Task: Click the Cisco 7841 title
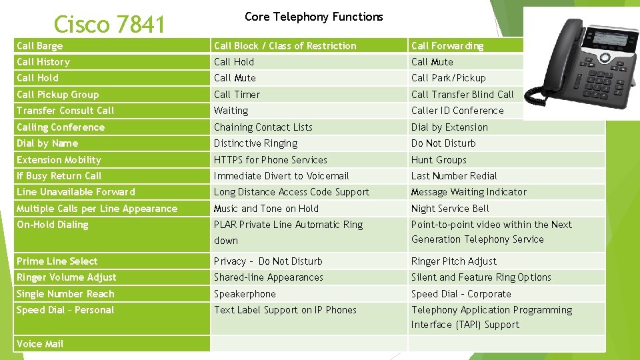pyautogui.click(x=109, y=24)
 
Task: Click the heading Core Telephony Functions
pyautogui.click(x=313, y=17)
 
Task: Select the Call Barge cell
pyautogui.click(x=40, y=46)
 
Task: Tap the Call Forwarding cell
pyautogui.click(x=447, y=46)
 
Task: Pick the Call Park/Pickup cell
pyautogui.click(x=449, y=78)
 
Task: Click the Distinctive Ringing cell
pyautogui.click(x=256, y=143)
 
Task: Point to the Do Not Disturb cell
pyautogui.click(x=443, y=143)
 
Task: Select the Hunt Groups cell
pyautogui.click(x=439, y=160)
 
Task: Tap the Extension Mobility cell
pyautogui.click(x=59, y=160)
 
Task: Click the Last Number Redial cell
pyautogui.click(x=454, y=176)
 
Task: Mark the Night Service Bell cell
pyautogui.click(x=450, y=209)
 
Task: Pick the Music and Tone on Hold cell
pyautogui.click(x=266, y=209)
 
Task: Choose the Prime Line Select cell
pyautogui.click(x=57, y=261)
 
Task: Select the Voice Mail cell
pyautogui.click(x=40, y=344)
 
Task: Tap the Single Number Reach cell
pyautogui.click(x=65, y=294)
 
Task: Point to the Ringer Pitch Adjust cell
pyautogui.click(x=454, y=261)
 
